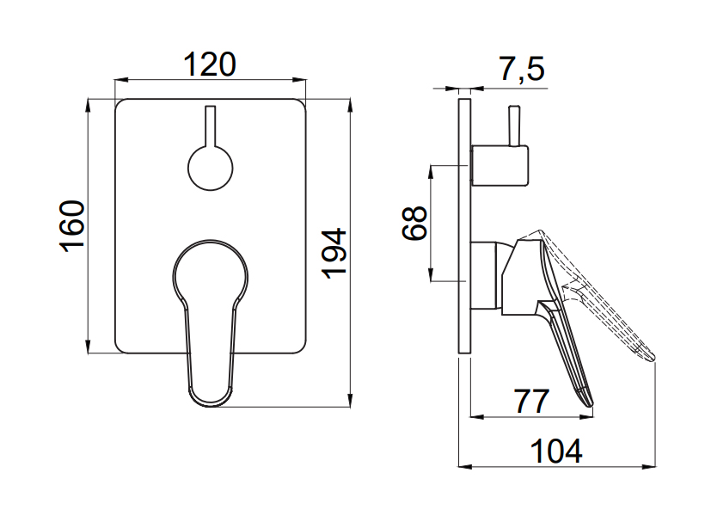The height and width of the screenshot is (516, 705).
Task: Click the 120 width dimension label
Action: tap(210, 64)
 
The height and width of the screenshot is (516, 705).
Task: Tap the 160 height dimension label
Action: tap(72, 226)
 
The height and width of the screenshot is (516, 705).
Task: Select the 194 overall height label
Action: tap(334, 254)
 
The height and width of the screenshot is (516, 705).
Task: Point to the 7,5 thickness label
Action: tap(522, 69)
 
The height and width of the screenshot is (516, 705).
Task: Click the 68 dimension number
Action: tap(414, 223)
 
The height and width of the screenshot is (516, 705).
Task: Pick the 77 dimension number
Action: tap(532, 402)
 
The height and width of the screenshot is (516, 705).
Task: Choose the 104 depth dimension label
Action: tap(556, 451)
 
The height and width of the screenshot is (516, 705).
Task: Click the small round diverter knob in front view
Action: tap(211, 169)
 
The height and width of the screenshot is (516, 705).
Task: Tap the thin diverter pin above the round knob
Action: tap(211, 126)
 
